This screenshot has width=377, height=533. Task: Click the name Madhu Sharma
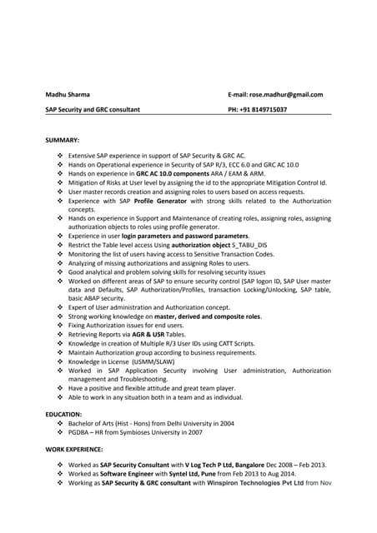tap(68, 95)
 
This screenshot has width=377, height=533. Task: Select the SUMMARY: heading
tap(63, 140)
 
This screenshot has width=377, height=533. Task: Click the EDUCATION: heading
tap(64, 414)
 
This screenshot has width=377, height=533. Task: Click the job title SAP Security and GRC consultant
tap(93, 110)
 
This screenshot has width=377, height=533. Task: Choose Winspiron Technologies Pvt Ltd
tap(260, 483)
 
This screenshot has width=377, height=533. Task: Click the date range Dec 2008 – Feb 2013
tap(279, 465)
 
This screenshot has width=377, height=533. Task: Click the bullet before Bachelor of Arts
tap(59, 423)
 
